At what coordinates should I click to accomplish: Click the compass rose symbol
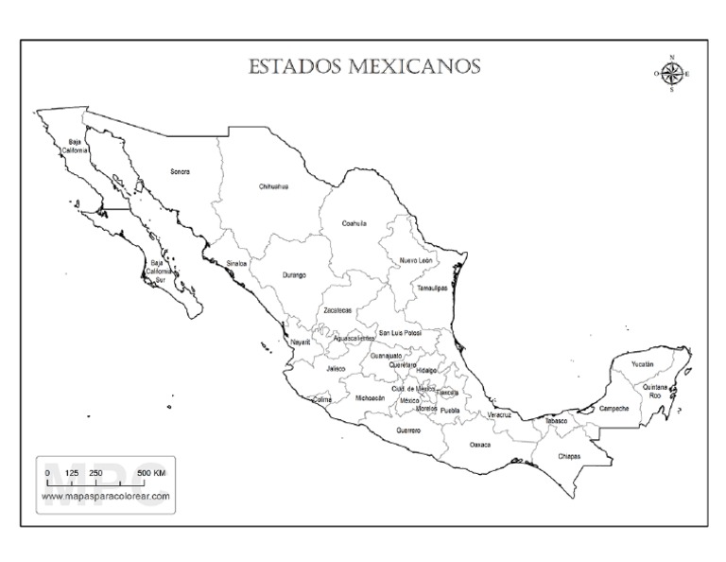(x=671, y=74)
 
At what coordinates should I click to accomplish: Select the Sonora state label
(x=180, y=172)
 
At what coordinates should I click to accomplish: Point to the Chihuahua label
(x=273, y=186)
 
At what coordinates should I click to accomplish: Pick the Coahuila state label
(x=354, y=223)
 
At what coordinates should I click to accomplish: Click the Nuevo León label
(x=416, y=259)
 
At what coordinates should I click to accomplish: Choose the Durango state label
(x=294, y=275)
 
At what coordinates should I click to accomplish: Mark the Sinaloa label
(x=236, y=263)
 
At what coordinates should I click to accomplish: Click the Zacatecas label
(x=337, y=309)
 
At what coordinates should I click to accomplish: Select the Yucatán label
(x=643, y=364)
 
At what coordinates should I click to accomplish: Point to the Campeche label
(x=614, y=409)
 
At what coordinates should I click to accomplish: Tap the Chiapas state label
(x=568, y=456)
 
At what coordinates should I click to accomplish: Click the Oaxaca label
(x=480, y=444)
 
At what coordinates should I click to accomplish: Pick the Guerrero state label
(x=407, y=430)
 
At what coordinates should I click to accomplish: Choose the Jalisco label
(x=336, y=369)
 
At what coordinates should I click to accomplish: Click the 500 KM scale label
(x=151, y=472)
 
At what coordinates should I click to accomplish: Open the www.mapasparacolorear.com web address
(x=106, y=495)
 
